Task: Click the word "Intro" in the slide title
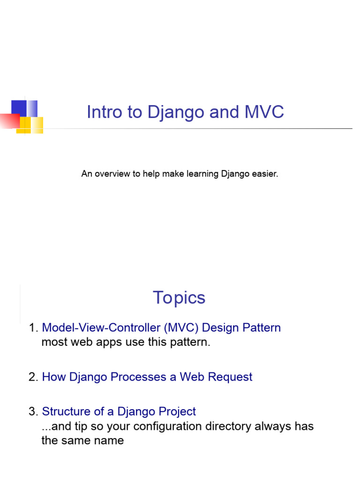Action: pos(104,112)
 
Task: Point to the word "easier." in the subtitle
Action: pos(265,174)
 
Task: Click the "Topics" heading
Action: pos(179,298)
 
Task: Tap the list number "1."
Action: pos(33,328)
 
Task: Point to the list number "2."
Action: pos(33,377)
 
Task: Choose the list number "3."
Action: pos(33,412)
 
